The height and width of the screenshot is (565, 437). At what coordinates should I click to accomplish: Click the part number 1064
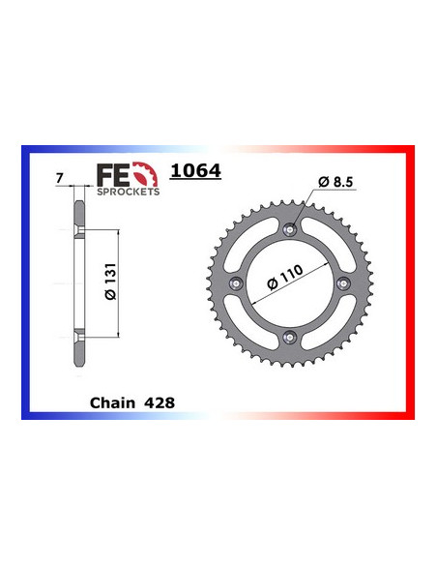point(196,171)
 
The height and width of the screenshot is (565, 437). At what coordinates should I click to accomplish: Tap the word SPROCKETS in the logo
point(129,192)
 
